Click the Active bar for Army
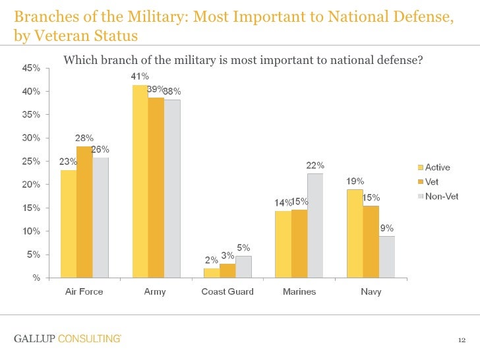coord(140,181)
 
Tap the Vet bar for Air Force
coord(84,212)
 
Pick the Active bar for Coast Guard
coord(212,273)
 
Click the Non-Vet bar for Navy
coord(387,256)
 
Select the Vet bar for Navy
coord(371,241)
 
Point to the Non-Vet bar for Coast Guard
coord(243,266)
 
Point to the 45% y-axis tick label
coord(31,68)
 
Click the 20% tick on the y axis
coord(31,185)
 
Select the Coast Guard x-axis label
coord(227,291)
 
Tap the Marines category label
coord(299,291)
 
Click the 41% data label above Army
coord(140,76)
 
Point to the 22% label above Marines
coord(315,165)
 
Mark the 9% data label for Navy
coord(387,227)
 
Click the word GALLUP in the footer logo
coord(34,339)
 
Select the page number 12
coord(462,340)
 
